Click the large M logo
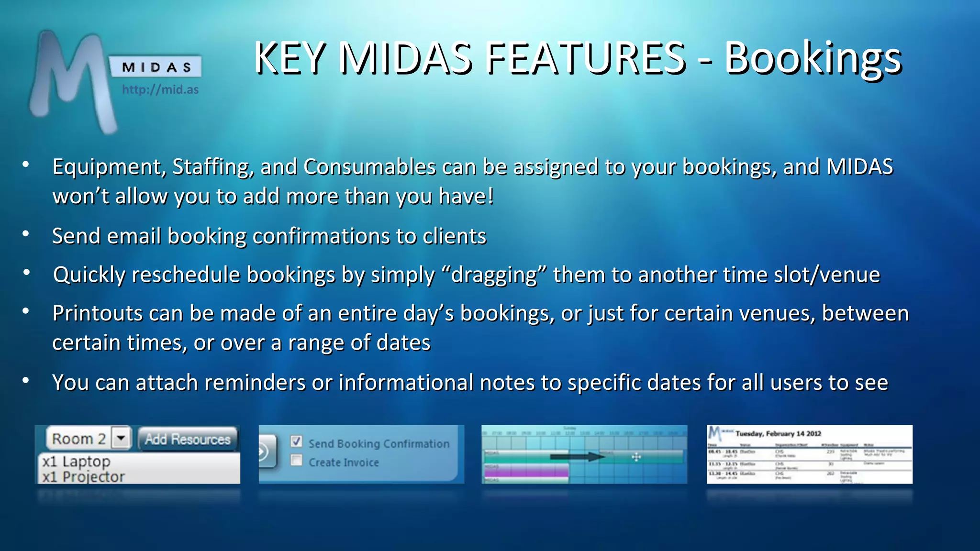coord(72,79)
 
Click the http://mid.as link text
coord(160,89)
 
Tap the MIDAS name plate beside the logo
coord(156,67)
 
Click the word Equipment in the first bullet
coord(109,167)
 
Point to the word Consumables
coord(369,167)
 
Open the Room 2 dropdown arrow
coord(121,438)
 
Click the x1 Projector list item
coord(83,476)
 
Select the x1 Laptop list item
coord(76,462)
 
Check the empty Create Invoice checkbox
coord(297,460)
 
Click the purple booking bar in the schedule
coord(526,472)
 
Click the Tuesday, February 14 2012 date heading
coord(778,433)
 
